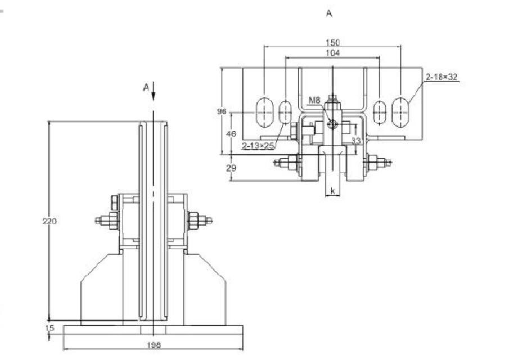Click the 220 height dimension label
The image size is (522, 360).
pyautogui.click(x=49, y=221)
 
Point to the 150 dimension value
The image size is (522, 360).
pyautogui.click(x=332, y=43)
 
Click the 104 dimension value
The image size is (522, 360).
pyautogui.click(x=332, y=52)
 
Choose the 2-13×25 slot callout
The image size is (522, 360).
pyautogui.click(x=258, y=146)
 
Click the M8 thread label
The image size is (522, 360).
pyautogui.click(x=314, y=100)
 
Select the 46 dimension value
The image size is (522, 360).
pyautogui.click(x=231, y=134)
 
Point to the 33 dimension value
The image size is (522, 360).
pyautogui.click(x=355, y=141)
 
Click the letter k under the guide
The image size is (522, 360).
pyautogui.click(x=333, y=191)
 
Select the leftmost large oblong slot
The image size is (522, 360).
pyautogui.click(x=262, y=112)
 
